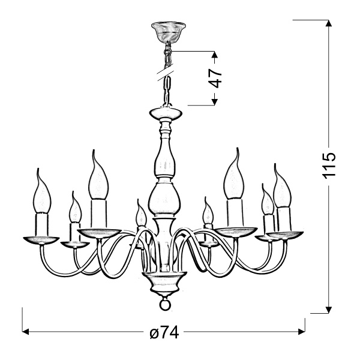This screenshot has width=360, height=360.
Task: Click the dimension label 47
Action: [217, 79]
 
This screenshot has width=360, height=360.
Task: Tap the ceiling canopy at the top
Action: [165, 30]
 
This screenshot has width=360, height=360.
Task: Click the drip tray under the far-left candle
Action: [40, 240]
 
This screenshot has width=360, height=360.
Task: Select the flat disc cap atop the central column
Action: [164, 113]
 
